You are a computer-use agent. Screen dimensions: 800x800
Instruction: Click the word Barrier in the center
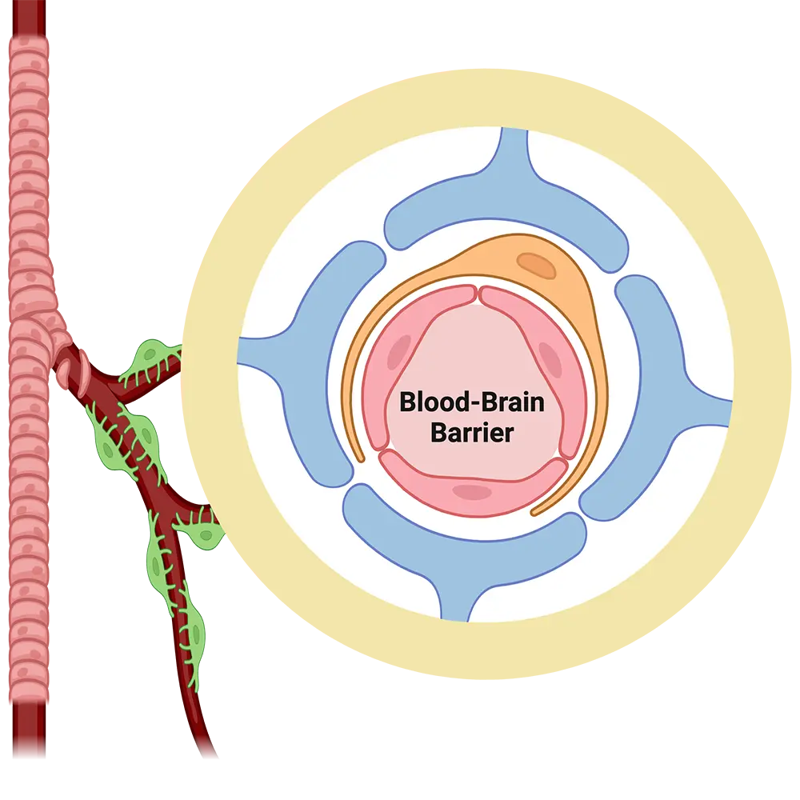471,433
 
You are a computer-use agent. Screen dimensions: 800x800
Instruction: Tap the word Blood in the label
430,401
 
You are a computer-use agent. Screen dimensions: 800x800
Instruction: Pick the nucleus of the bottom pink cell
473,492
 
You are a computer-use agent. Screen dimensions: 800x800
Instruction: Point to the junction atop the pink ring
479,294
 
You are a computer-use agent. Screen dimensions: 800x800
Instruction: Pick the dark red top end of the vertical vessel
28,20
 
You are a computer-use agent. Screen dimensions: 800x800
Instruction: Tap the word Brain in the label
509,401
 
